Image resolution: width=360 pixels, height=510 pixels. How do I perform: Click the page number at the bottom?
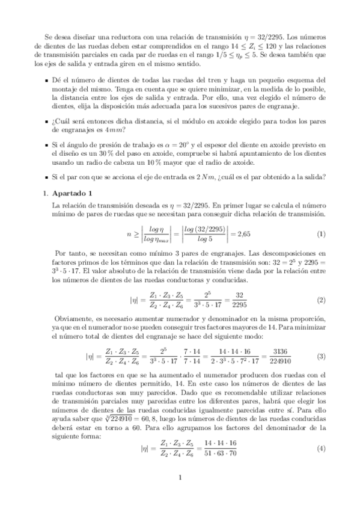click(180, 478)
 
